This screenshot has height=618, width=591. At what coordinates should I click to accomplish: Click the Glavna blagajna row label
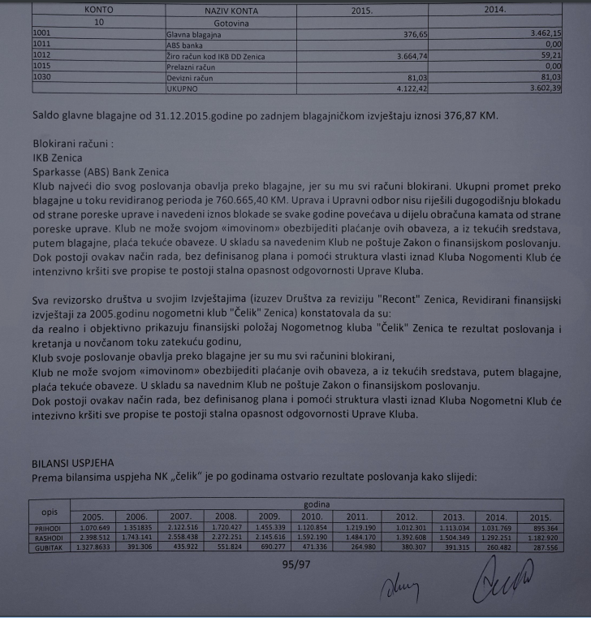[194, 36]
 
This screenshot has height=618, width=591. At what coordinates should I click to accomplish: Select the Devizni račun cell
[188, 77]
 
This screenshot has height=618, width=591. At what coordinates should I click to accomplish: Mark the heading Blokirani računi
[69, 144]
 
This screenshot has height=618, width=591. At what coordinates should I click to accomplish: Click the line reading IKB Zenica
[57, 158]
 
